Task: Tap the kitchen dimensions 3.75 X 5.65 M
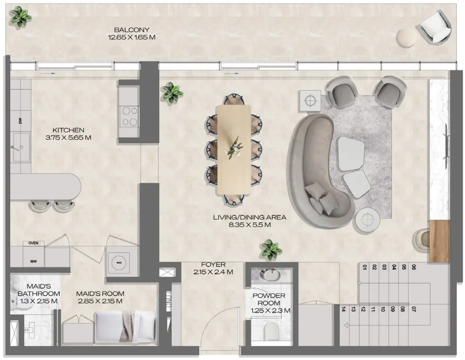(x=68, y=138)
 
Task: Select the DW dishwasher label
(x=20, y=121)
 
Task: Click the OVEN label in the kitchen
(x=33, y=243)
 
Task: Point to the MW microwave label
(x=33, y=261)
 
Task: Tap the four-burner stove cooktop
(x=128, y=116)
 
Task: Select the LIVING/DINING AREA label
(x=249, y=217)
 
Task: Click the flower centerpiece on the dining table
(x=235, y=146)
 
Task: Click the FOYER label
(x=213, y=264)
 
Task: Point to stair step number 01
(x=364, y=267)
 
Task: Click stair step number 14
(x=344, y=310)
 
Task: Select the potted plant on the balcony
(x=21, y=17)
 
